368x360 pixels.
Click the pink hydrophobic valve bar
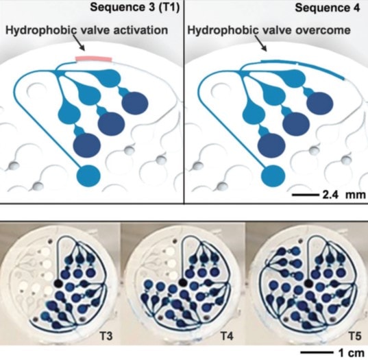(x=94, y=59)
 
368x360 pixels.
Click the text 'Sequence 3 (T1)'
(x=135, y=8)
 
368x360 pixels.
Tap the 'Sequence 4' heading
(x=328, y=8)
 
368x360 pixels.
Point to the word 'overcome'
(x=323, y=30)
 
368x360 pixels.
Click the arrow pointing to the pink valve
(x=79, y=43)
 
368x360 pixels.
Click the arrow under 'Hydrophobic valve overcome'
(x=261, y=43)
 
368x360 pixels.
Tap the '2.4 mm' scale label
(x=344, y=195)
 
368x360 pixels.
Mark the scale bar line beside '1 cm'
(x=317, y=352)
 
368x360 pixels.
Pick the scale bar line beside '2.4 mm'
(x=306, y=195)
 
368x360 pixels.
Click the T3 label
(x=106, y=336)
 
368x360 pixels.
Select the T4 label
(x=227, y=336)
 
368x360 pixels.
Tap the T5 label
(x=354, y=336)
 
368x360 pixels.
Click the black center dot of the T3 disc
(x=58, y=283)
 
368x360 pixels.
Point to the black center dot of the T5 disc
(x=308, y=283)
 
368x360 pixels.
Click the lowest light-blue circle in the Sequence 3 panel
(x=88, y=176)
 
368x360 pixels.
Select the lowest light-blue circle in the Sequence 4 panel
(x=273, y=176)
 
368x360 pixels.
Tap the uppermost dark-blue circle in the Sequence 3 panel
(x=135, y=103)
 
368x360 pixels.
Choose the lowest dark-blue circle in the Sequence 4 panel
(x=271, y=145)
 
